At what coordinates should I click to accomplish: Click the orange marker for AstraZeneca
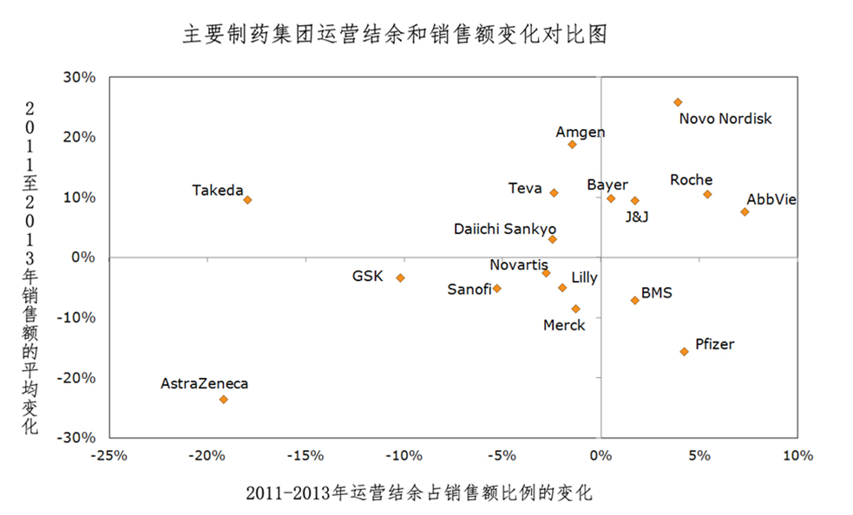click(x=223, y=400)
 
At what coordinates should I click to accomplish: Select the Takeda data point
click(x=247, y=199)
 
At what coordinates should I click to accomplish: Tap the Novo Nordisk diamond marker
click(x=678, y=102)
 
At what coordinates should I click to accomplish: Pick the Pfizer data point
click(x=684, y=351)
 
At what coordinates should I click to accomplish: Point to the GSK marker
click(x=400, y=277)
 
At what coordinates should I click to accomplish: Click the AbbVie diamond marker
click(x=745, y=212)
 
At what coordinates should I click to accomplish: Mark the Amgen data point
click(x=572, y=144)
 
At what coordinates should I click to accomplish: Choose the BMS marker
click(x=634, y=300)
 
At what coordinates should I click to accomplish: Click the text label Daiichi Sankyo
click(x=505, y=229)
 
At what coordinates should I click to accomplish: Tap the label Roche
click(x=691, y=180)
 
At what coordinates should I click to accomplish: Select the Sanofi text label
click(x=468, y=290)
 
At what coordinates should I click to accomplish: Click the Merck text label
click(x=564, y=325)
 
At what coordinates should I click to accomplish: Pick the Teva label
click(x=525, y=188)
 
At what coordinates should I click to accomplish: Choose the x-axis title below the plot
click(x=419, y=493)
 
